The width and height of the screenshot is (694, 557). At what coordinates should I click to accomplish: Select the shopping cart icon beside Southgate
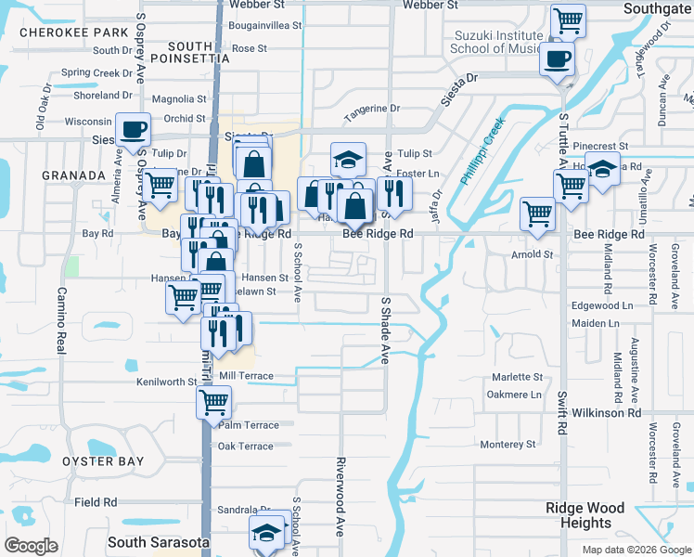click(567, 20)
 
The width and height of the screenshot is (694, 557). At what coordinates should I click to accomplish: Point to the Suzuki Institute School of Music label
click(496, 42)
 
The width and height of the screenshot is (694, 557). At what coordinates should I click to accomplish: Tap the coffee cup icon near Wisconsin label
click(133, 129)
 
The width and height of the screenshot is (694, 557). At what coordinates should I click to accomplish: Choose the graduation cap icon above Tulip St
click(349, 160)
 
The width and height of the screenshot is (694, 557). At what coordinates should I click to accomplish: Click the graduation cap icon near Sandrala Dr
click(265, 534)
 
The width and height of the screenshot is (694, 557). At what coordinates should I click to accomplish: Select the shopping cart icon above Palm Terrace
click(213, 402)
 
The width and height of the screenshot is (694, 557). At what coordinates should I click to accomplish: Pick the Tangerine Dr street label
click(372, 109)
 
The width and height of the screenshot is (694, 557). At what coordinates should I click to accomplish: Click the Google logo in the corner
click(32, 546)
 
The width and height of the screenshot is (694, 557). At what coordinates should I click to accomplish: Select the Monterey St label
click(508, 445)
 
